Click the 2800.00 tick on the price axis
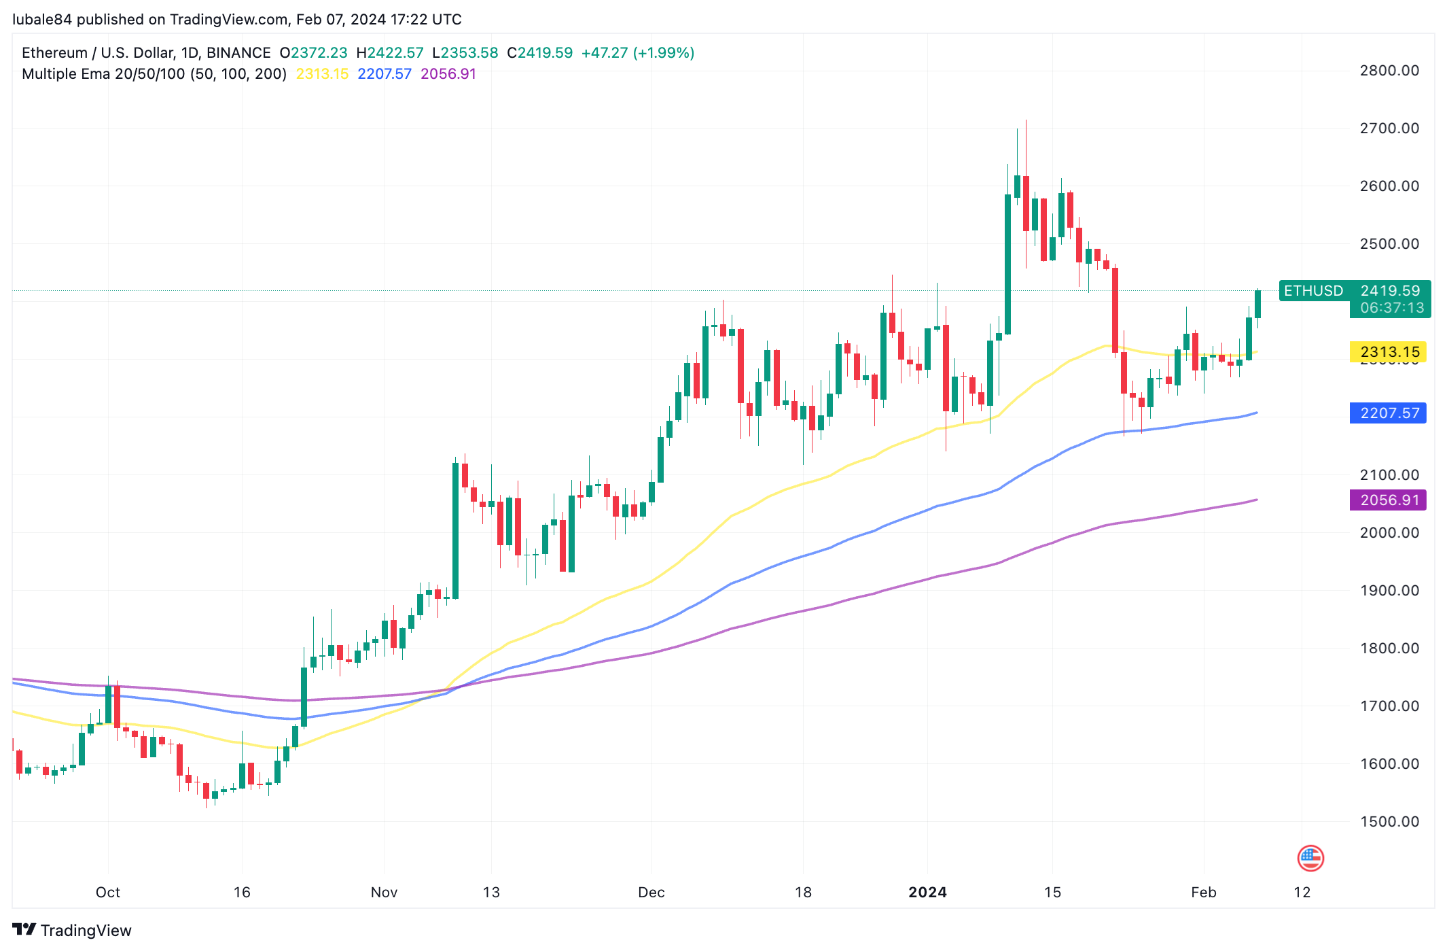point(1389,71)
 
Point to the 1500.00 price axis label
point(1389,821)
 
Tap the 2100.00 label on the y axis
point(1389,474)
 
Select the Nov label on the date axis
point(384,892)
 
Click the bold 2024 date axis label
point(927,892)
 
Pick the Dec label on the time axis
point(651,892)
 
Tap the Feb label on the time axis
point(1203,892)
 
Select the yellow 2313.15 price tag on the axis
point(1388,352)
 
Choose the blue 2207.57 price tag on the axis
point(1388,413)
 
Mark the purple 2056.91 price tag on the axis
point(1388,500)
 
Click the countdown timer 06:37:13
point(1391,308)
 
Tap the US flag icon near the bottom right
point(1310,858)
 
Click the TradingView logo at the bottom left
point(72,930)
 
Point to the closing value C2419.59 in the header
point(539,53)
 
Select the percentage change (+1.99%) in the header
point(663,53)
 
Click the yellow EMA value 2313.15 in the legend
point(322,74)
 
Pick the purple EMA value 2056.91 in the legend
point(448,74)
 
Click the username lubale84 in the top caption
point(42,19)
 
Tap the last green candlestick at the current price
point(1257,304)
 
